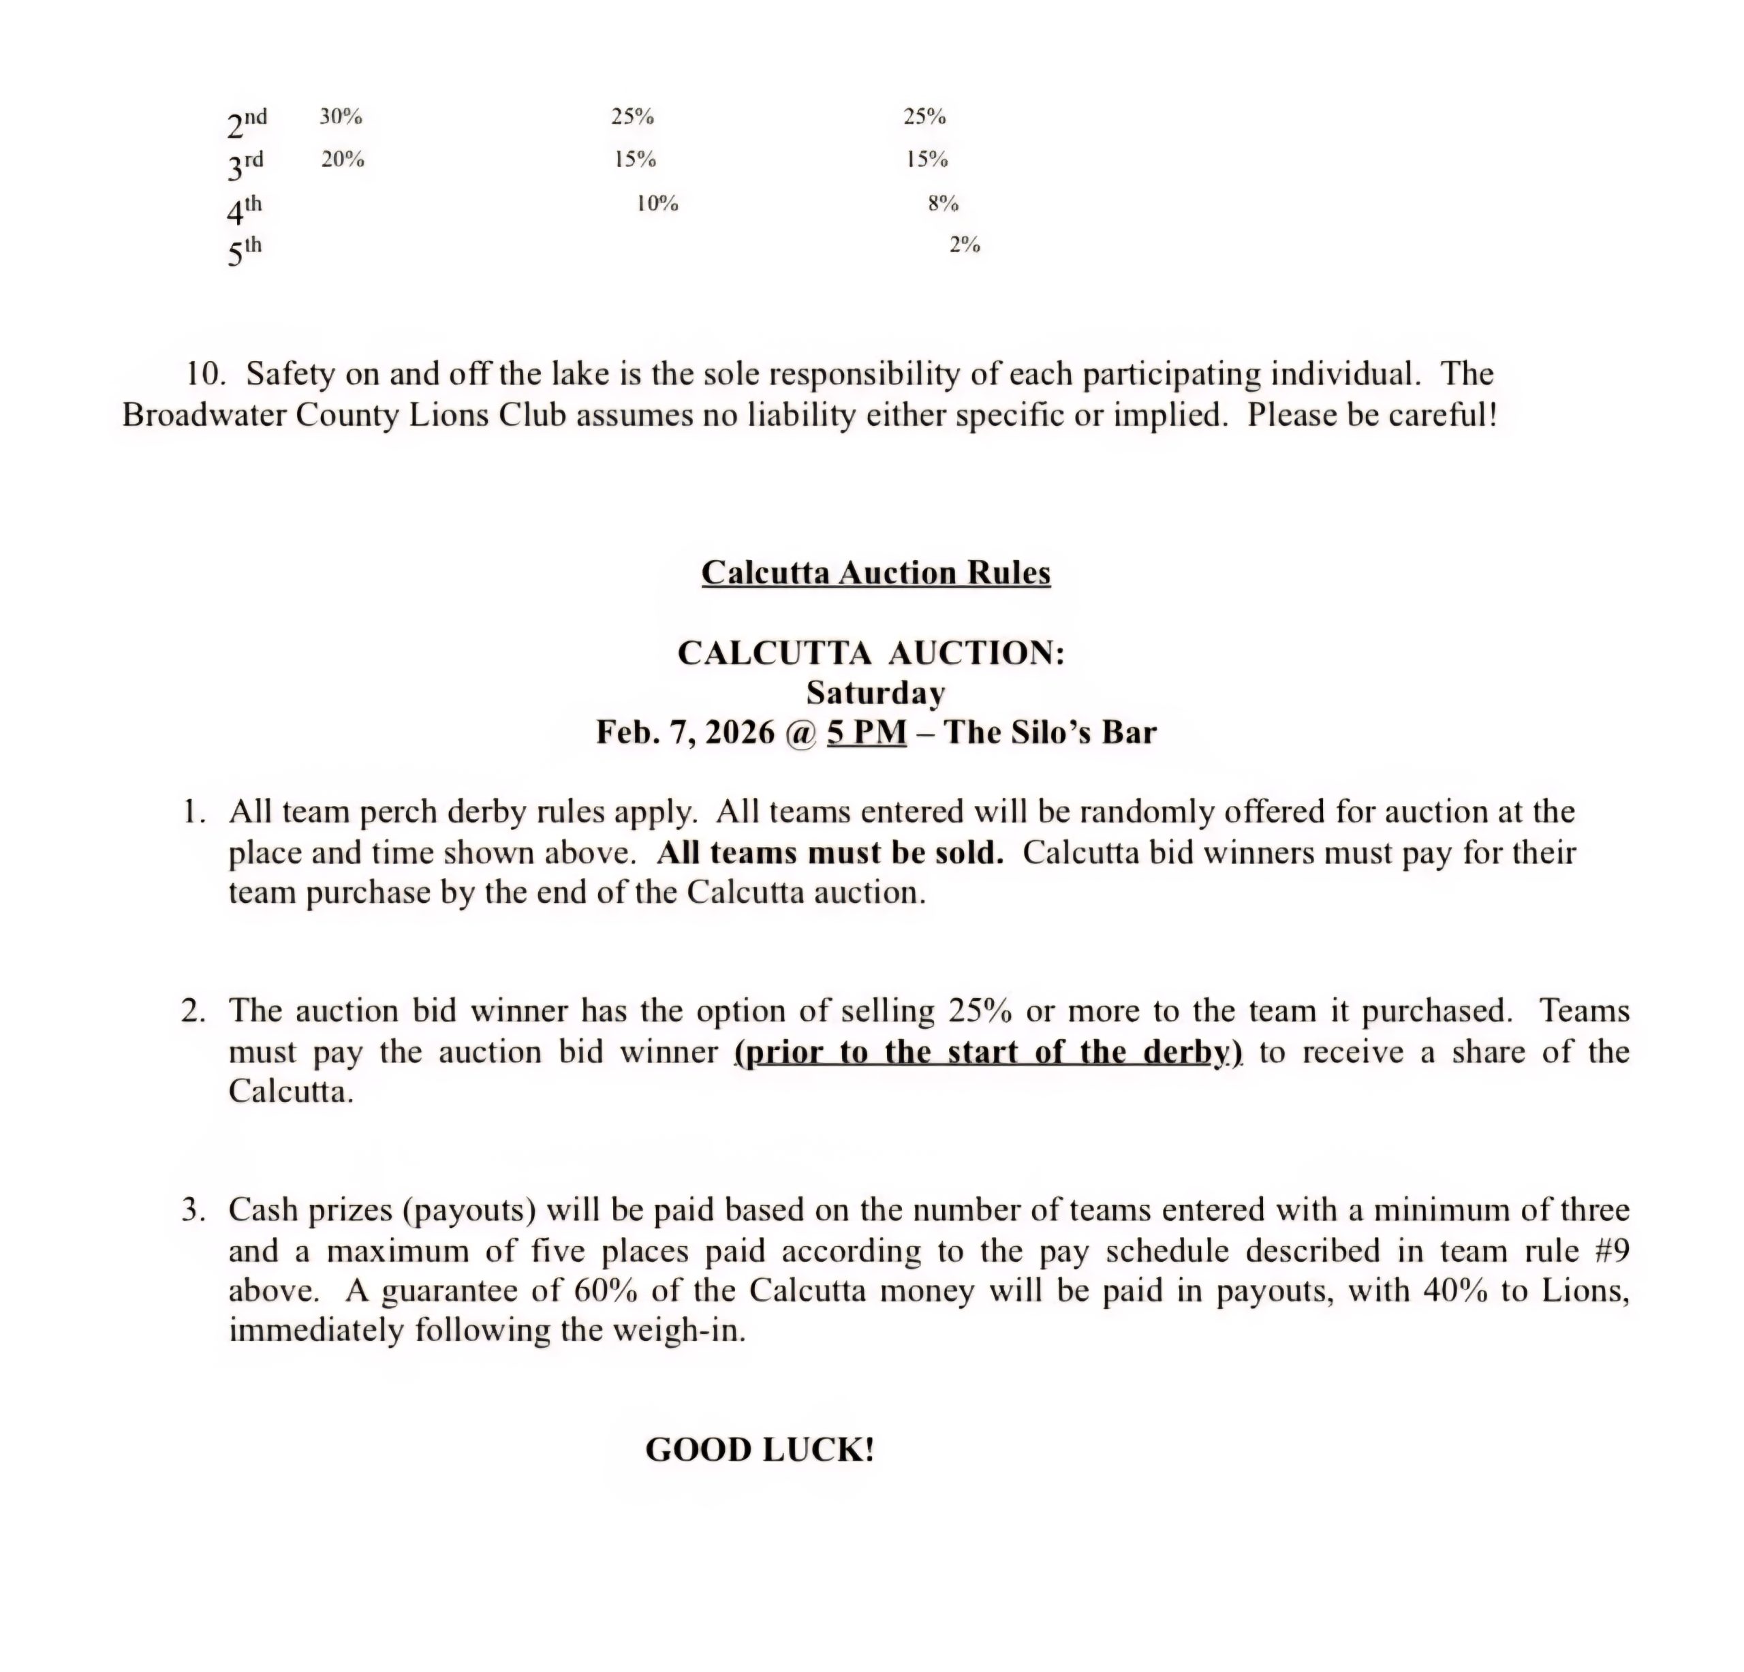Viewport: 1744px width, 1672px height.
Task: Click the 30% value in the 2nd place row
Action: coord(341,117)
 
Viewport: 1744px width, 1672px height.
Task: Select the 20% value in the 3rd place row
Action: coord(343,159)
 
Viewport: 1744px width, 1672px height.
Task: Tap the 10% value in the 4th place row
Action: coord(657,204)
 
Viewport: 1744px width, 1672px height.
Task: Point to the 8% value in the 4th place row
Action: coord(943,204)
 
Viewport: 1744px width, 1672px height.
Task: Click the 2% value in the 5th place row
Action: coord(965,245)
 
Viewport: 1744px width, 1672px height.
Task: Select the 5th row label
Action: coord(244,251)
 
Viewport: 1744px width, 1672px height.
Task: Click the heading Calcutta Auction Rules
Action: coord(875,572)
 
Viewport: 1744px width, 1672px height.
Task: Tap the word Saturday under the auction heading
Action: coord(875,692)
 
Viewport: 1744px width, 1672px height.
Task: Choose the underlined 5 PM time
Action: coord(867,732)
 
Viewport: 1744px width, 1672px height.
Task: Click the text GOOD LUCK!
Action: coord(760,1449)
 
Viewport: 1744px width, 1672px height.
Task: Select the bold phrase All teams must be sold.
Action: coord(830,852)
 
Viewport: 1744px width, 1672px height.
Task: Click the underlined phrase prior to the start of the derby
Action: coord(988,1052)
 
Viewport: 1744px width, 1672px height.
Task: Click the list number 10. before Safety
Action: coord(206,374)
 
